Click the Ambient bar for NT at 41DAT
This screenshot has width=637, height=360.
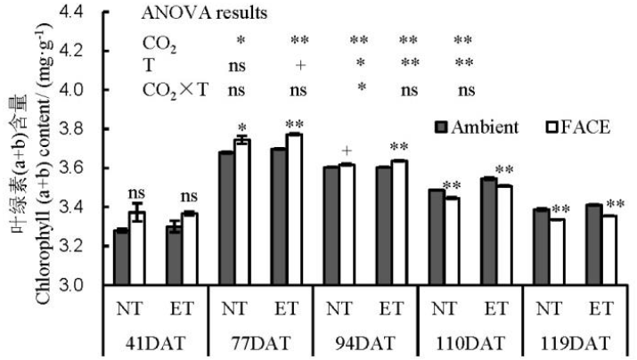click(121, 258)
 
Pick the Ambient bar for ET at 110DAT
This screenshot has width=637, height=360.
click(487, 232)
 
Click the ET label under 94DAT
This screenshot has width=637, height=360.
click(390, 310)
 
